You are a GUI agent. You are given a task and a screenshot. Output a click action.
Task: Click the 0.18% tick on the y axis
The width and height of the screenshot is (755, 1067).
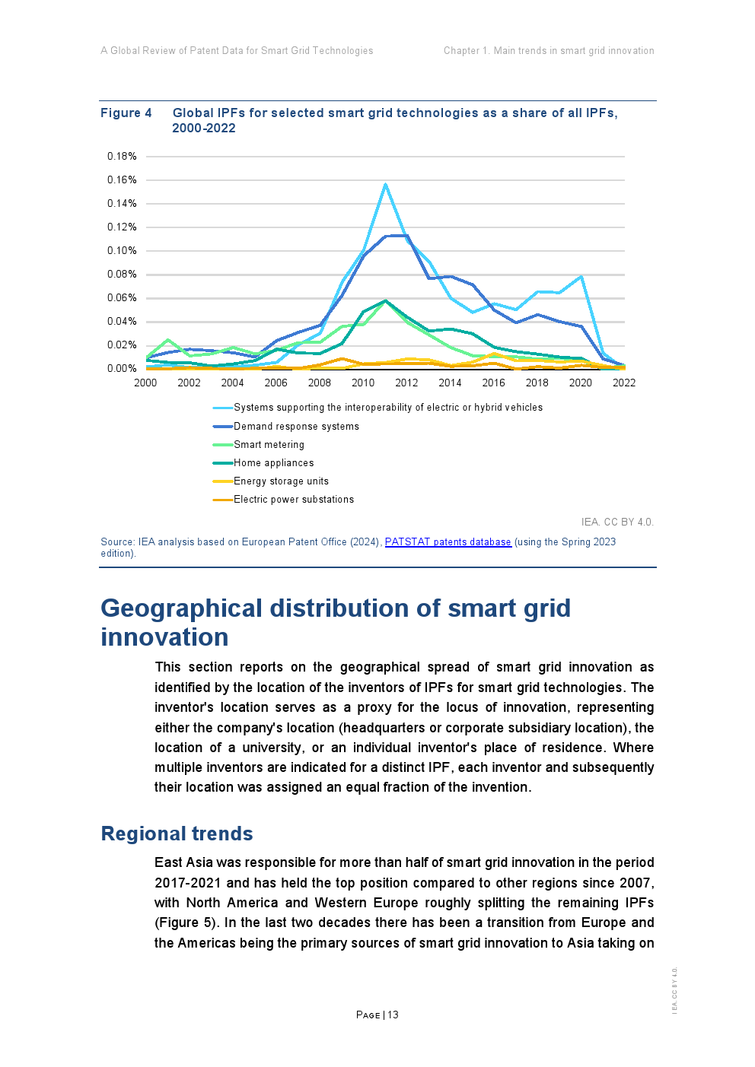pyautogui.click(x=122, y=157)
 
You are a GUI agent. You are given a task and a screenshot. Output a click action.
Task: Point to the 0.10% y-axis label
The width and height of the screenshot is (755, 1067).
pyautogui.click(x=122, y=251)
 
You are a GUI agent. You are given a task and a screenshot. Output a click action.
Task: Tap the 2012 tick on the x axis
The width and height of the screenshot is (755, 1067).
pyautogui.click(x=406, y=383)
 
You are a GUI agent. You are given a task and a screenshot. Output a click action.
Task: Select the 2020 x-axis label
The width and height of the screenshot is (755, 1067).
pyautogui.click(x=580, y=383)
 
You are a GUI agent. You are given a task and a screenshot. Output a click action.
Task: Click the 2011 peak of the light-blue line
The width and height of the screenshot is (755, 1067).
pyautogui.click(x=386, y=184)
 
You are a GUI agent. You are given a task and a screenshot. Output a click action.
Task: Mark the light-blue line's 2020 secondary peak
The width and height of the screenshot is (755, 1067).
pyautogui.click(x=581, y=277)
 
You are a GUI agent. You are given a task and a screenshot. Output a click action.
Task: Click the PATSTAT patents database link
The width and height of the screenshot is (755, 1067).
pyautogui.click(x=448, y=542)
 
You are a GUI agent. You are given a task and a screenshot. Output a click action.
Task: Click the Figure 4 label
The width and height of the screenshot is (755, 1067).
pyautogui.click(x=126, y=113)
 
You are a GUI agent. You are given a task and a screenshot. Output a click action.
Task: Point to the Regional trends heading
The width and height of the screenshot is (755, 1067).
pyautogui.click(x=177, y=834)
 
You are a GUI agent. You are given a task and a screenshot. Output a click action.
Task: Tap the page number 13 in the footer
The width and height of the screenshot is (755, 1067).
pyautogui.click(x=393, y=1015)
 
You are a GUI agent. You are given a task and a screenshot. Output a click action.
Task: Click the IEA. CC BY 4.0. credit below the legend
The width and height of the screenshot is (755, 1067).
pyautogui.click(x=617, y=522)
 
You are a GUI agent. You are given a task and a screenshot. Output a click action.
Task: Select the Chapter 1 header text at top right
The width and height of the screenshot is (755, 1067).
pyautogui.click(x=549, y=51)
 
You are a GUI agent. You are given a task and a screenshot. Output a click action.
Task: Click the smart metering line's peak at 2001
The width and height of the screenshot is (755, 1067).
pyautogui.click(x=168, y=340)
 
